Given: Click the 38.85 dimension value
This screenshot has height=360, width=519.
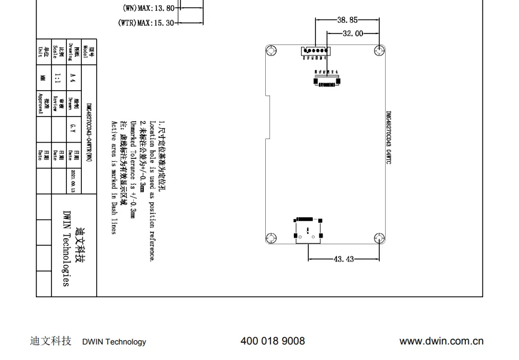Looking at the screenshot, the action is (347, 20).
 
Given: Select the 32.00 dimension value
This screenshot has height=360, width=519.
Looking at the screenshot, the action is (352, 33).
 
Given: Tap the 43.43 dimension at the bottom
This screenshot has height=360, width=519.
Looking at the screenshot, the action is (344, 259).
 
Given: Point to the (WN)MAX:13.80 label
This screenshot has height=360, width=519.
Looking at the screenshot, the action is (148, 8).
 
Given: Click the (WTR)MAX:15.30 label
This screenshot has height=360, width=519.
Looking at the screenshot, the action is (147, 23).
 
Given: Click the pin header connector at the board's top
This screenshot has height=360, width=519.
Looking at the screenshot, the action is (313, 51).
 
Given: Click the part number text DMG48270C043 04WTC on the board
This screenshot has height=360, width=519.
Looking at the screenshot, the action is (388, 138).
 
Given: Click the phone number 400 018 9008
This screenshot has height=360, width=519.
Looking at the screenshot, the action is (272, 341).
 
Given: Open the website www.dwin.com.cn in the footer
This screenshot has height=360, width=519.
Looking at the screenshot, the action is (441, 341).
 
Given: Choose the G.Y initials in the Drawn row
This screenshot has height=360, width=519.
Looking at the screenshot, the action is (72, 127).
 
